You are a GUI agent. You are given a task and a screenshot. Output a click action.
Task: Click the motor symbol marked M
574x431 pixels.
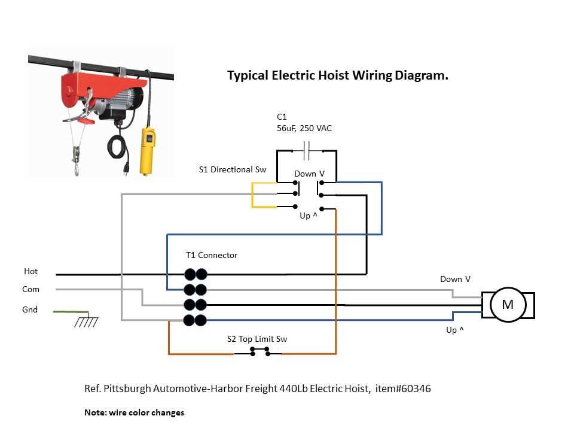point(508,305)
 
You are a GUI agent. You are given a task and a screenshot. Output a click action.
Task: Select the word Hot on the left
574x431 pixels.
point(30,271)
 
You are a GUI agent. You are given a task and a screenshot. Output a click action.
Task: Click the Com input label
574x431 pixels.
point(30,289)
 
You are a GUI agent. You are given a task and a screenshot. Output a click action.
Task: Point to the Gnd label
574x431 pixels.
point(30,309)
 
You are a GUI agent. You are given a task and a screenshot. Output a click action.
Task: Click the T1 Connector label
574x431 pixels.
point(212,255)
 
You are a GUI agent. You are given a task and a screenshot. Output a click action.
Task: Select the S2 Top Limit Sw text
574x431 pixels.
point(257,339)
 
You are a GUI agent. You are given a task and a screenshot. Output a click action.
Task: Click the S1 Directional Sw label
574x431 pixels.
point(233,169)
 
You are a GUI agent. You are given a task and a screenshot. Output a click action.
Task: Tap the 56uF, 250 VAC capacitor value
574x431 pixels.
point(304,128)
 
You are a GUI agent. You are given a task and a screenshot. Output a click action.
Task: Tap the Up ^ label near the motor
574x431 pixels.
point(455,330)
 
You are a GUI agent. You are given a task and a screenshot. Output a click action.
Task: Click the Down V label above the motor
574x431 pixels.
point(455,279)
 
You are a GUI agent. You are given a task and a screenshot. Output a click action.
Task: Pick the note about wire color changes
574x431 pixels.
point(135,412)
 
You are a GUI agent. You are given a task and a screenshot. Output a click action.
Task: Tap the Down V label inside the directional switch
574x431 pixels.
point(309,174)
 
